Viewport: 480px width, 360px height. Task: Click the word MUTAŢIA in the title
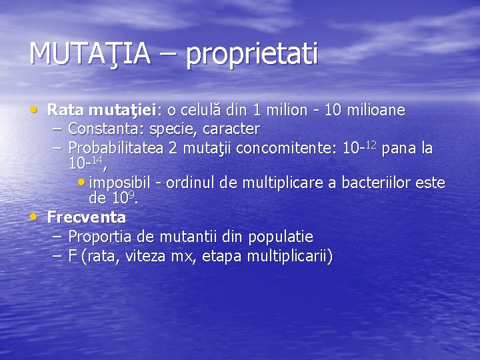[x=89, y=53]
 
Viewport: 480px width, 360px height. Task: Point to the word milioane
[x=375, y=109]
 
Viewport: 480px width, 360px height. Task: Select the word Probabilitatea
[x=117, y=147]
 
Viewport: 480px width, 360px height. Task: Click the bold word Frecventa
[x=87, y=217]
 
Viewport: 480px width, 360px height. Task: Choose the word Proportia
[x=100, y=237]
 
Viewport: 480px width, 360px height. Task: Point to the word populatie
[x=280, y=237]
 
